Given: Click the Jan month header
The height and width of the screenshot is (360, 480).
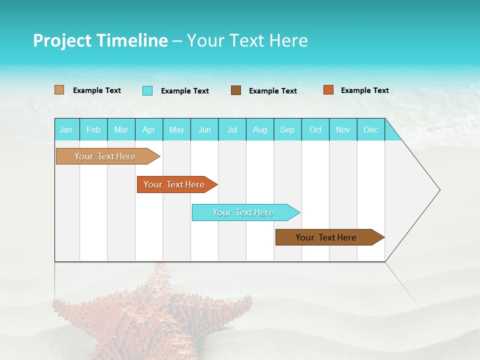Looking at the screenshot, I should pyautogui.click(x=66, y=129).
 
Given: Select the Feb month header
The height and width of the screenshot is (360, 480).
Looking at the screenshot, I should pyautogui.click(x=93, y=129).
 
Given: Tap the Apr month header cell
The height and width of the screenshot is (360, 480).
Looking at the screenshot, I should pyautogui.click(x=149, y=129).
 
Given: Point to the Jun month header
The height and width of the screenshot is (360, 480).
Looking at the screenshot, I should pyautogui.click(x=204, y=129).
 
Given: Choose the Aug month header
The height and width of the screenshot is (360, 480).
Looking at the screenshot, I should pyautogui.click(x=260, y=129).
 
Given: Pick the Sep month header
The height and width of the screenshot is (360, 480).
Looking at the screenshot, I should pyautogui.click(x=287, y=129).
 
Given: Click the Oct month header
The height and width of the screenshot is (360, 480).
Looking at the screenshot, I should pyautogui.click(x=315, y=129).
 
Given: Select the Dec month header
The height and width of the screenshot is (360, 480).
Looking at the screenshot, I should pyautogui.click(x=371, y=129).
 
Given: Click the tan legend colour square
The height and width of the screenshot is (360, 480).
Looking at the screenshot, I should pyautogui.click(x=59, y=90).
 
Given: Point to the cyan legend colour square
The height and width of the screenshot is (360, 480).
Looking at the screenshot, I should pyautogui.click(x=147, y=90).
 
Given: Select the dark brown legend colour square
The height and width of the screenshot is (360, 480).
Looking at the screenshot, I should pyautogui.click(x=236, y=90).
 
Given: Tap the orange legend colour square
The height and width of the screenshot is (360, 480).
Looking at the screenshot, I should pyautogui.click(x=328, y=90).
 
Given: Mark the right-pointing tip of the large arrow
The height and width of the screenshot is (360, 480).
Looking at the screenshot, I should pyautogui.click(x=439, y=190).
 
